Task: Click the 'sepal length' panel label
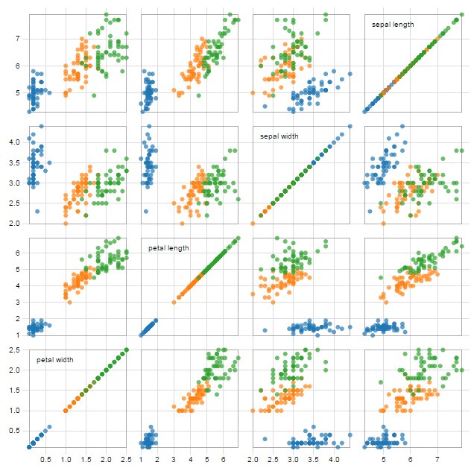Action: pyautogui.click(x=393, y=25)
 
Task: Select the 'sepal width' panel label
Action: pyautogui.click(x=279, y=136)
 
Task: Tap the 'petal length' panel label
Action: pyautogui.click(x=168, y=248)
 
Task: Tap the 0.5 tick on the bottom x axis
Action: pyautogui.click(x=45, y=460)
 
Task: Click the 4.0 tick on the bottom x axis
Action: pyautogui.click(x=335, y=460)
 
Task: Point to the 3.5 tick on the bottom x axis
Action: pyautogui.click(x=314, y=460)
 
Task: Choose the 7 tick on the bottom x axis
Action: pyautogui.click(x=437, y=460)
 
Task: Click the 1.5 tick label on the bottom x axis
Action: pyautogui.click(x=86, y=460)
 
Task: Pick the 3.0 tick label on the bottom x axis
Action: pyautogui.click(x=294, y=460)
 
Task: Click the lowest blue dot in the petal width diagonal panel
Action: pyautogui.click(x=29, y=446)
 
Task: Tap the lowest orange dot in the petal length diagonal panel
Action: pyautogui.click(x=174, y=302)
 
